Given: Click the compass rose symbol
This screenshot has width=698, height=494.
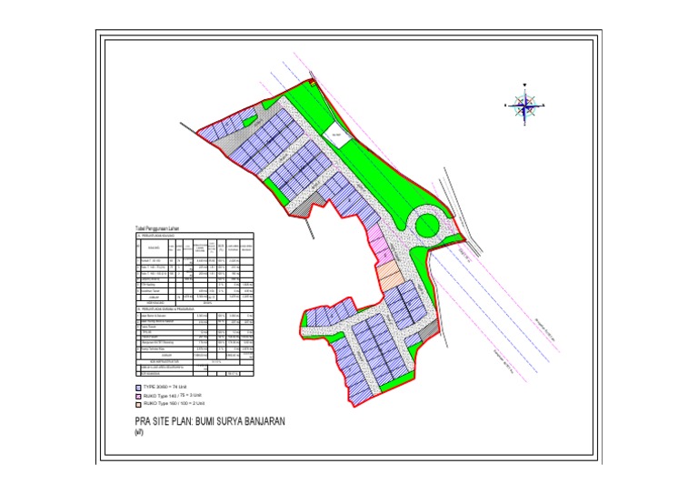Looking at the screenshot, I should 524,105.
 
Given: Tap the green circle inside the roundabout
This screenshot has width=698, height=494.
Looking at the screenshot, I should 424,223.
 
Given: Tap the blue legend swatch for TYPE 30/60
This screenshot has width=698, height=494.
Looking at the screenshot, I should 136,388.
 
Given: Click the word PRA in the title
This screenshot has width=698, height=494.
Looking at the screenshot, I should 141,423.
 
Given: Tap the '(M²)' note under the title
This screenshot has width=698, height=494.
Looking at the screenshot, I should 138,434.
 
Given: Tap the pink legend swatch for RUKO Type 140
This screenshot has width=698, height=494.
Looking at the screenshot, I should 136,396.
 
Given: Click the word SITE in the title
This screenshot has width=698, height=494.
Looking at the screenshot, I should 162,423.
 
